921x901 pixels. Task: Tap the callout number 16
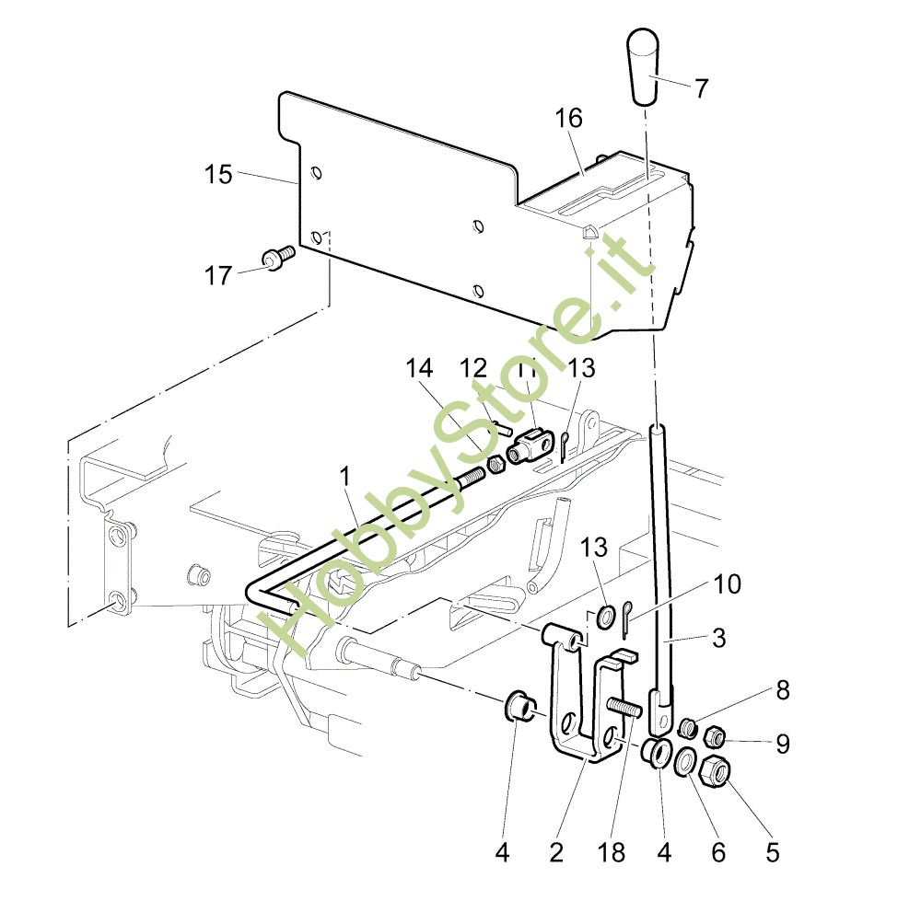coord(569,119)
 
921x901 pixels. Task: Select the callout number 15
coord(218,174)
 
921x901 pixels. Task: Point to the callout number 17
coord(218,274)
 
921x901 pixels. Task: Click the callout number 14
coord(418,369)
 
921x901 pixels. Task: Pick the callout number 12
coord(473,369)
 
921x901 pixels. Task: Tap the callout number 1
coord(345,477)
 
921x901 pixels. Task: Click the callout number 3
coord(718,637)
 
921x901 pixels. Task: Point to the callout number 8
coord(782,690)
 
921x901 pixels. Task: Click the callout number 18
coord(612,852)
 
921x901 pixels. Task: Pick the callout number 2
coord(556,852)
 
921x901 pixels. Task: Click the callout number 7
coord(702,89)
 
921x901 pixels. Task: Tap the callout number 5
coord(772,852)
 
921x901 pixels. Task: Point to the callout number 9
coord(782,744)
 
